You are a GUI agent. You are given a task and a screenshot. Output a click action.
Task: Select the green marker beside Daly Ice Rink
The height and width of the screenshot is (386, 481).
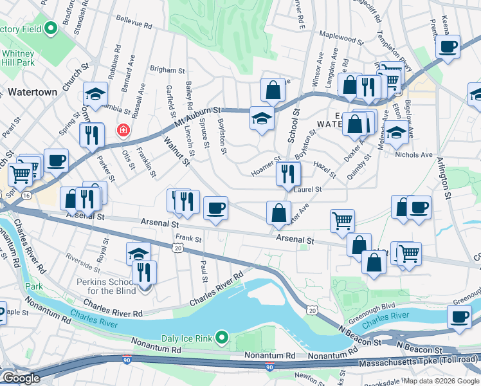tap(222, 336)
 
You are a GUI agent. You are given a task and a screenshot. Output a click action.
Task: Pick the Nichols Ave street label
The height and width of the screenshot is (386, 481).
tap(415, 155)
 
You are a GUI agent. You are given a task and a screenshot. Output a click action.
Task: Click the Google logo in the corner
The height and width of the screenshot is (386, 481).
tap(21, 378)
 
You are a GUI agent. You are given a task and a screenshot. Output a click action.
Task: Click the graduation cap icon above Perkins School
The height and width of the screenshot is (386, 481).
tap(138, 252)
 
